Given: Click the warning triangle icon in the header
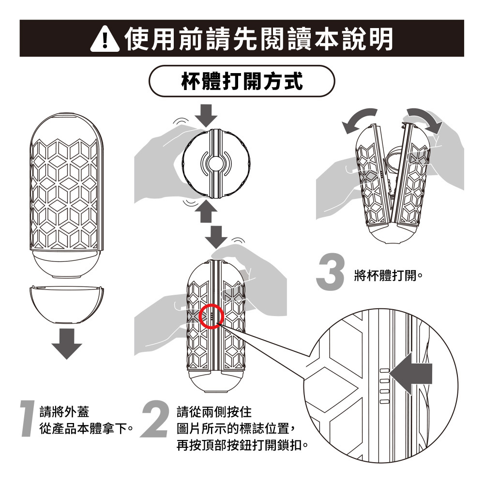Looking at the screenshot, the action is click(105, 39).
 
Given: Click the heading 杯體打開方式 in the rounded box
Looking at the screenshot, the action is click(242, 81).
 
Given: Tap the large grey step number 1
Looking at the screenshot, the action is click(28, 419).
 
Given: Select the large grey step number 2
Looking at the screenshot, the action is click(155, 419).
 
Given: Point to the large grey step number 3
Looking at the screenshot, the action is click(330, 272).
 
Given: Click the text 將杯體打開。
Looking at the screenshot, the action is click(388, 275).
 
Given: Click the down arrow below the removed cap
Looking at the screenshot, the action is click(67, 344).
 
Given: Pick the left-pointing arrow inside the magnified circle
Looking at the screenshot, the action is click(410, 374).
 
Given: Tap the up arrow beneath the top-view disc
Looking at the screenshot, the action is click(206, 211).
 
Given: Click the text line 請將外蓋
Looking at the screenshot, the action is click(64, 412).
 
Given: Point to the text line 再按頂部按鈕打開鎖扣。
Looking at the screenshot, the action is click(242, 445).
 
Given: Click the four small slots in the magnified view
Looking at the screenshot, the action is click(384, 386).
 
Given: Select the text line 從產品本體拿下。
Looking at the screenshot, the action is click(87, 428).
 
